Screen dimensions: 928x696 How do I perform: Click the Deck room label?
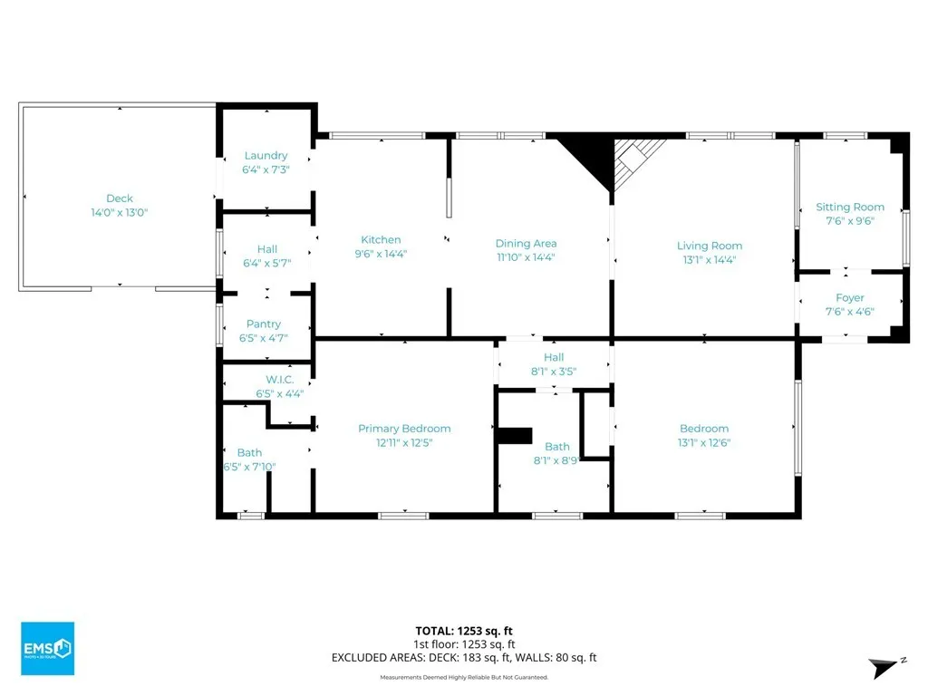tap(120, 198)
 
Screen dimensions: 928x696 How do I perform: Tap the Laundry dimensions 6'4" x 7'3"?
tap(266, 169)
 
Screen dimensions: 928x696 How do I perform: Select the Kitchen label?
tap(381, 239)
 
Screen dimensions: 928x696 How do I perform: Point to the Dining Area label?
tap(527, 243)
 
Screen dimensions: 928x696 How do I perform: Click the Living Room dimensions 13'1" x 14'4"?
tap(710, 259)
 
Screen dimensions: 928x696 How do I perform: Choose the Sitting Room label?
tap(850, 208)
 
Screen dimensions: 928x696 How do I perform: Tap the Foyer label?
tap(850, 297)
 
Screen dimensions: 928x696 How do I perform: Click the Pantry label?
tap(264, 324)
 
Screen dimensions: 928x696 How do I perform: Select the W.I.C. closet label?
tap(279, 380)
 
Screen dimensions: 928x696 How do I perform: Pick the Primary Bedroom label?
tap(404, 429)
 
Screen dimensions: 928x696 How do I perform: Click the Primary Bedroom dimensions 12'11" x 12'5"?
tap(404, 442)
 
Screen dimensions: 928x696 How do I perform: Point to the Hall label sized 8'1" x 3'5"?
tap(554, 357)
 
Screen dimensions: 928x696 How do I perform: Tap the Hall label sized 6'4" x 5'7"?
tap(267, 249)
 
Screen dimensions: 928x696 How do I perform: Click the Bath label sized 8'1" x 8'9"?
tap(557, 446)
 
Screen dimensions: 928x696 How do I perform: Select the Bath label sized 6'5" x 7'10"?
tap(249, 452)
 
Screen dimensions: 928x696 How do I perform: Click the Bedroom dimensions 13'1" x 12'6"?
tap(704, 442)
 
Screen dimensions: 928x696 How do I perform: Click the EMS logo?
tap(47, 648)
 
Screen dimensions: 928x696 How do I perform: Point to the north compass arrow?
tap(883, 667)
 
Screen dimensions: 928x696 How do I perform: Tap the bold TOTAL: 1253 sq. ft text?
tap(464, 631)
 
